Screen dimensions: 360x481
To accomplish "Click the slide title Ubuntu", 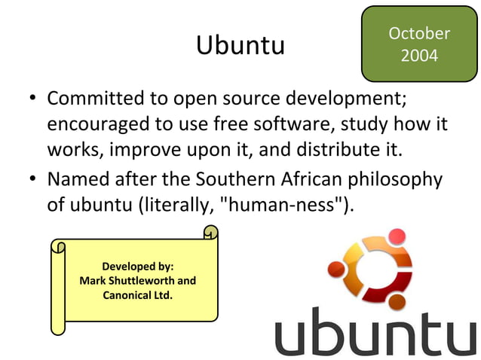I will pyautogui.click(x=240, y=45).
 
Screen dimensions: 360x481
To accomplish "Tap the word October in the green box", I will pyautogui.click(x=418, y=34).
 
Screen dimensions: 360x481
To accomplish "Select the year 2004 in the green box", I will pyautogui.click(x=419, y=56).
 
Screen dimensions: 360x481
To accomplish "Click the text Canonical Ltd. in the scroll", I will pyautogui.click(x=137, y=294).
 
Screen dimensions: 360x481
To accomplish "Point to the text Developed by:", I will pyautogui.click(x=137, y=267).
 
